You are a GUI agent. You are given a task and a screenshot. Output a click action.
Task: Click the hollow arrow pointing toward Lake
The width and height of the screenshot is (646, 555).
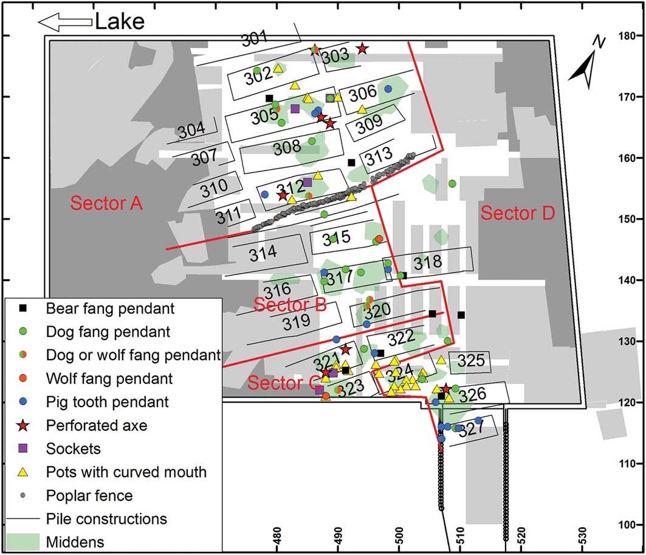pos(64,22)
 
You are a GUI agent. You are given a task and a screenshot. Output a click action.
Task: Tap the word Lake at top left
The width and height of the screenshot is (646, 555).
pos(120,21)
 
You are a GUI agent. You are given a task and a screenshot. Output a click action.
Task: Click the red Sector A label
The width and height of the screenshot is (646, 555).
pos(106,203)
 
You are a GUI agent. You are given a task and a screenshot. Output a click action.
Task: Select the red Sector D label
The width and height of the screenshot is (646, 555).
pos(518,213)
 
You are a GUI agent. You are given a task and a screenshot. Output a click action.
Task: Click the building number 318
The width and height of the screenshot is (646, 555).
pos(428,262)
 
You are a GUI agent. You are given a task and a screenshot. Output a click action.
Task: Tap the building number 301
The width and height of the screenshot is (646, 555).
pos(254,39)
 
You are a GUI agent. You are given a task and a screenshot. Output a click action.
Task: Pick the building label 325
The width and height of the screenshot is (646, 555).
pos(471,361)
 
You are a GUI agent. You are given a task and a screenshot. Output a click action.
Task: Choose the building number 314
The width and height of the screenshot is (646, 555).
pos(263,253)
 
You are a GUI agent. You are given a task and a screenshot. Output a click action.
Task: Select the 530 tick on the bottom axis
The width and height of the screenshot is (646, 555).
pos(582,536)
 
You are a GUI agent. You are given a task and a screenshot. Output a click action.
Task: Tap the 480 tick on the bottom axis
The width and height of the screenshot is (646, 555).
pos(277,536)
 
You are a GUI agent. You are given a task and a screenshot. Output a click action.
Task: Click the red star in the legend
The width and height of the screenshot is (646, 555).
pos(23,425)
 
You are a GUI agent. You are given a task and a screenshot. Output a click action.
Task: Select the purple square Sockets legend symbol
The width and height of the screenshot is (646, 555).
pos(23,448)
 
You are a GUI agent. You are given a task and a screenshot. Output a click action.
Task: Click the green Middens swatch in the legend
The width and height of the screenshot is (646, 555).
pos(23,542)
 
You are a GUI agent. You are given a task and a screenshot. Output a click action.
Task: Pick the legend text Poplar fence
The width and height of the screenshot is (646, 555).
pos(89,495)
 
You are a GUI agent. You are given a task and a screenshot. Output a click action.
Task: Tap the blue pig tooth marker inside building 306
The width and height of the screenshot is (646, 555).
pos(388,89)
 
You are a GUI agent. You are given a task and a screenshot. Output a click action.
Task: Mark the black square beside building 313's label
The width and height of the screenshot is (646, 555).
pos(351,162)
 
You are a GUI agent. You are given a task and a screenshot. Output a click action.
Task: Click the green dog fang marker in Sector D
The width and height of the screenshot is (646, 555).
pos(452,184)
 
